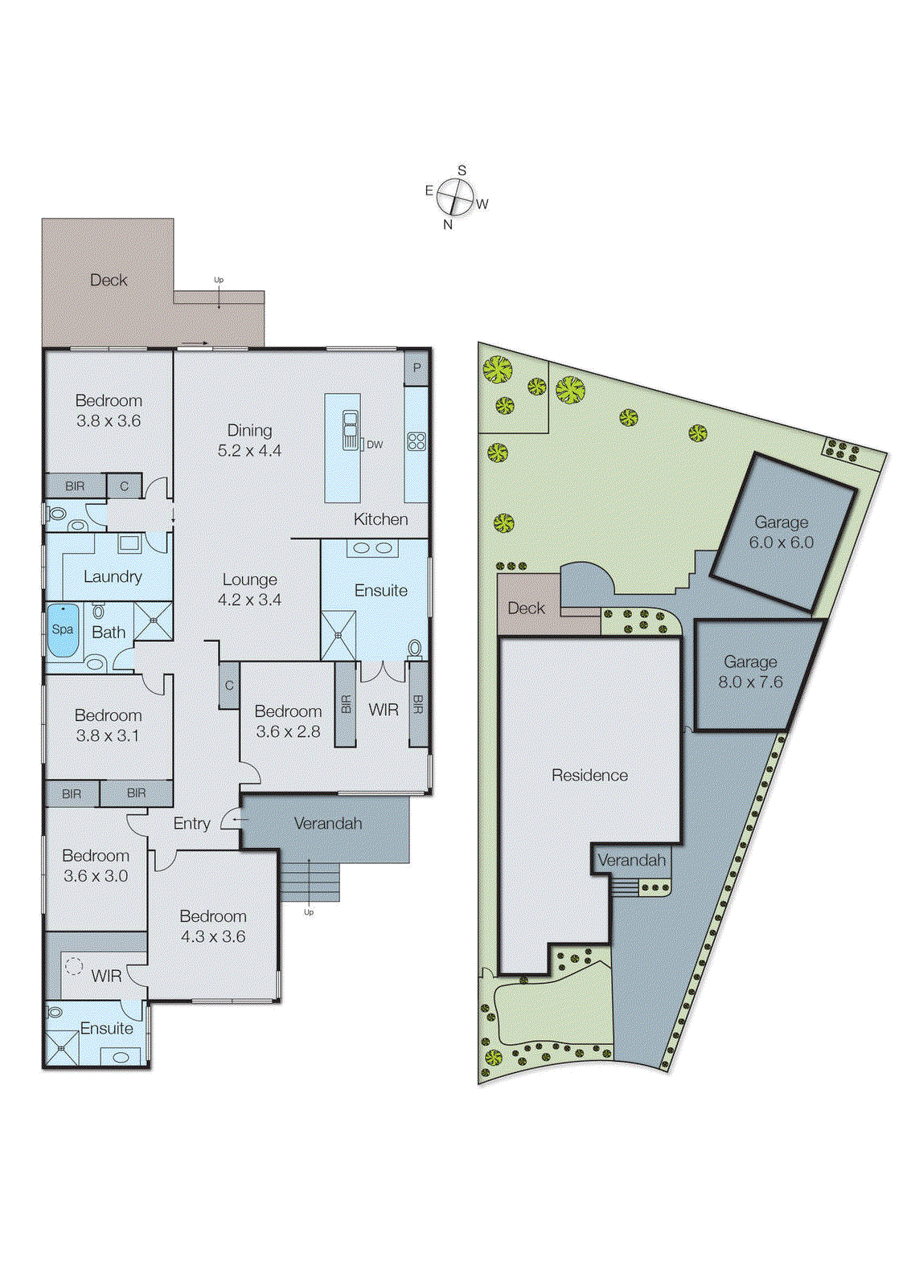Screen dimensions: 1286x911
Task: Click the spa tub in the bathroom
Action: [63, 631]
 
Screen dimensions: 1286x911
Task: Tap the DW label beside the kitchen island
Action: [375, 444]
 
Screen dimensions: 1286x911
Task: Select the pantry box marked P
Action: [417, 368]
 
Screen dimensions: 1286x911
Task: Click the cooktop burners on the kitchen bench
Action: [417, 441]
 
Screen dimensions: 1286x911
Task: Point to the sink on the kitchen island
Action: [351, 430]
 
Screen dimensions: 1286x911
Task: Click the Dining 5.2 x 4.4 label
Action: [249, 440]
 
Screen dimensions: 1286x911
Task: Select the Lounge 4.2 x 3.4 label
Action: [249, 589]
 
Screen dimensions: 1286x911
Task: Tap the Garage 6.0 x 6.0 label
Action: [781, 532]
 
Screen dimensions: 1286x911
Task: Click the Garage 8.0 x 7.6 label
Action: [750, 672]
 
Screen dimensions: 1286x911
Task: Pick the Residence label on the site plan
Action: [589, 776]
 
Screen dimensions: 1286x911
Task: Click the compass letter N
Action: [448, 225]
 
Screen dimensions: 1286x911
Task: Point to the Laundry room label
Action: [113, 576]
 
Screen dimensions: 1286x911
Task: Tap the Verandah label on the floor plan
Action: [327, 824]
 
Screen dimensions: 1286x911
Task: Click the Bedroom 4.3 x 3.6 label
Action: [213, 926]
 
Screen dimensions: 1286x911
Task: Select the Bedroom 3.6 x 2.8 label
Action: [288, 721]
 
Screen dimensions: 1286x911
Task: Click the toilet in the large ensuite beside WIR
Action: [415, 648]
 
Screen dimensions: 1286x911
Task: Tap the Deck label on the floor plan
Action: [109, 281]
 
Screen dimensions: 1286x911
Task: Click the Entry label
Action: [191, 824]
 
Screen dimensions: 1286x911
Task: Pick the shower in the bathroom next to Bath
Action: [153, 620]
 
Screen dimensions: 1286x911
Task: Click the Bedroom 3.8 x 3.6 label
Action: [109, 410]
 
